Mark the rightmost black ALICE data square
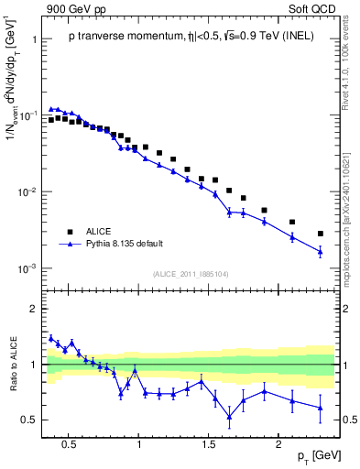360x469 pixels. click(x=320, y=234)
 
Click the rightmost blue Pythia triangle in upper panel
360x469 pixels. click(x=320, y=251)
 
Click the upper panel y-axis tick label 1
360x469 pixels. click(x=33, y=40)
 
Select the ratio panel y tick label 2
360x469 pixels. click(x=33, y=309)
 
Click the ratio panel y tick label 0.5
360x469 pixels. click(x=27, y=420)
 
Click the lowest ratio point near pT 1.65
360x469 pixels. click(x=229, y=417)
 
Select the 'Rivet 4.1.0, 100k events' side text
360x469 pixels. click(x=351, y=64)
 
